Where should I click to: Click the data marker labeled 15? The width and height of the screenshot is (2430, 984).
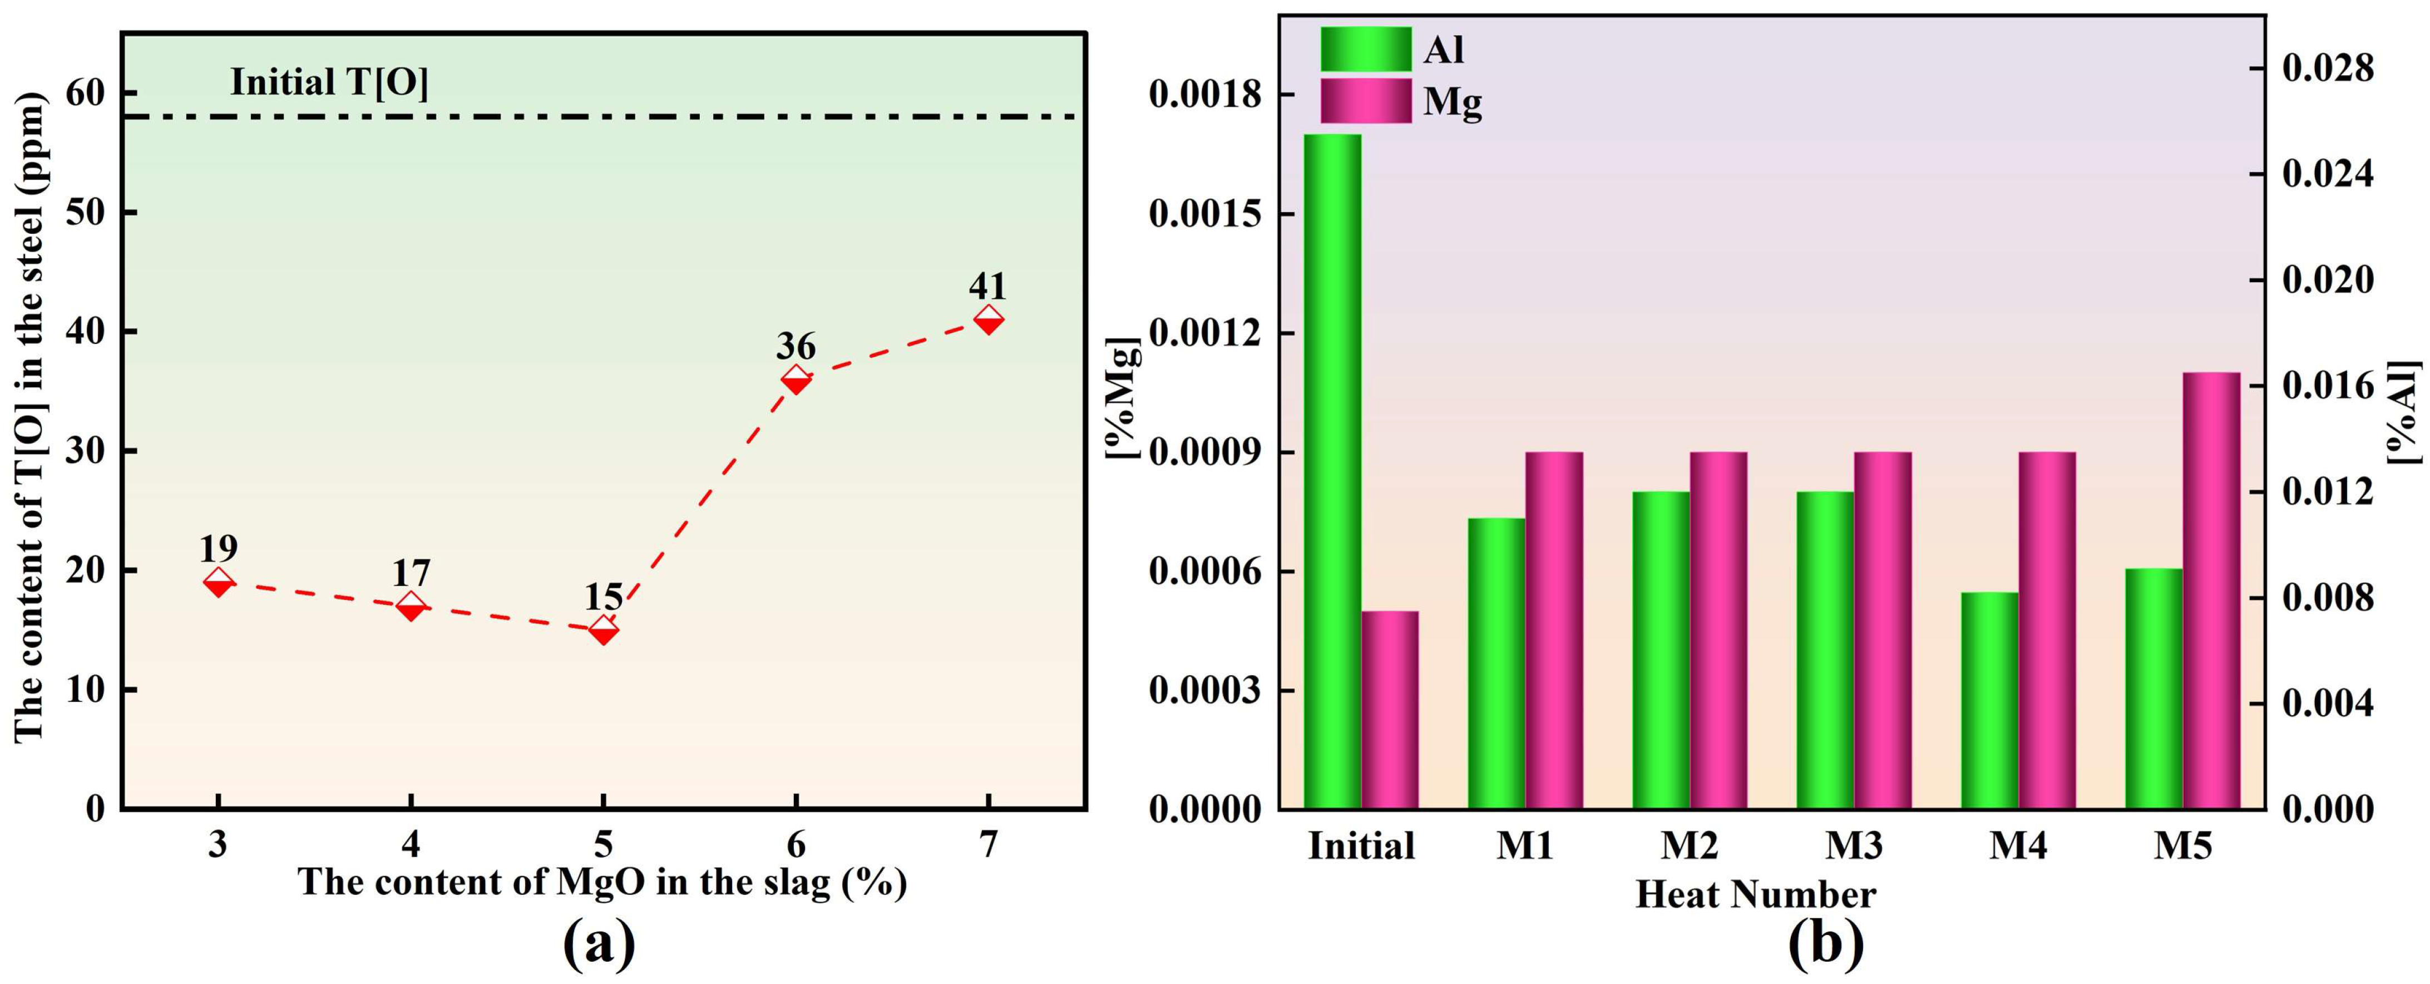(604, 630)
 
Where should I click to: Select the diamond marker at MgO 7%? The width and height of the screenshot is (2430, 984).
(987, 320)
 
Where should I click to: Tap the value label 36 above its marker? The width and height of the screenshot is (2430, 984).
(795, 346)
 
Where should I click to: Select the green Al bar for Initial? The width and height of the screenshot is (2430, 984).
(1332, 472)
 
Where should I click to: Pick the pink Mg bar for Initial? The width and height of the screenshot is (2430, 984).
(1390, 710)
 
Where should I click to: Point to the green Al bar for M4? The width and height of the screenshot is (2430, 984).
(1989, 700)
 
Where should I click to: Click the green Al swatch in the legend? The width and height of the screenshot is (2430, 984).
(1365, 49)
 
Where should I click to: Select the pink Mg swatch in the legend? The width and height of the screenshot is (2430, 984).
(1365, 101)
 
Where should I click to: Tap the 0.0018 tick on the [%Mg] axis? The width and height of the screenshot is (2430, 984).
(1204, 95)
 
